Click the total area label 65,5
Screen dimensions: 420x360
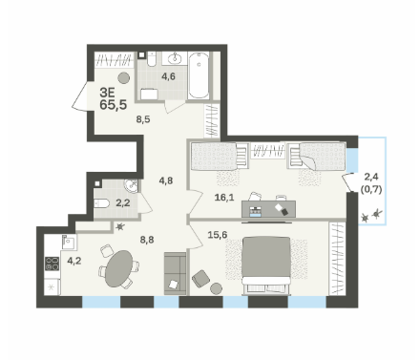(114, 104)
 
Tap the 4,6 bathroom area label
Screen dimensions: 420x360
(168, 76)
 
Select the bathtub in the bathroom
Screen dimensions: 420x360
(199, 75)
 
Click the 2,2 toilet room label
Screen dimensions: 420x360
(123, 202)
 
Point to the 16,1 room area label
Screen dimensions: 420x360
(224, 198)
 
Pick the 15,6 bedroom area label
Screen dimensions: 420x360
(218, 235)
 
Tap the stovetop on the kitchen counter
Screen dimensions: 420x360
(52, 264)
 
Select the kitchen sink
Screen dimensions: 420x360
(69, 243)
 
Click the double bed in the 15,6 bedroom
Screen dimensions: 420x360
(266, 265)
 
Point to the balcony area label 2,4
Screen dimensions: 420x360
(371, 176)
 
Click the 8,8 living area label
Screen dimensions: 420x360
(147, 240)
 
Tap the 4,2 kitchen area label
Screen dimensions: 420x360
(74, 261)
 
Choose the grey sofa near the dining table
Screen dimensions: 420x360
(175, 273)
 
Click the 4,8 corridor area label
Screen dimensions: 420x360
(166, 180)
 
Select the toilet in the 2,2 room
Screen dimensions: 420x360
(102, 202)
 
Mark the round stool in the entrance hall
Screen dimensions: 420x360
(123, 77)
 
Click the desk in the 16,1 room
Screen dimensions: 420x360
(268, 209)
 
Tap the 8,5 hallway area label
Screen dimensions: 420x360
(143, 119)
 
